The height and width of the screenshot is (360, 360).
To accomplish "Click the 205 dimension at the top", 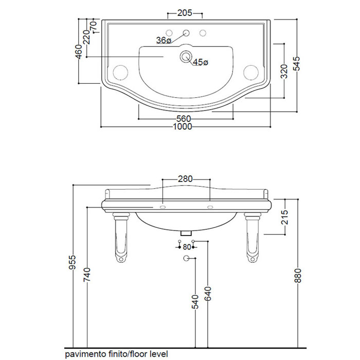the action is pos(185,13).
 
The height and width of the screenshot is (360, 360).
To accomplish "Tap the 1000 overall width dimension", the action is pos(182,127).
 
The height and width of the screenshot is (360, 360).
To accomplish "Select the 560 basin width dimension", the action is pos(184,119).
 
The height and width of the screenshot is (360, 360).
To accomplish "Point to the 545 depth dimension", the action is pos(296,64).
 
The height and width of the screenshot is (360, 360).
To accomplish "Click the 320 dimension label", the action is pos(284,71).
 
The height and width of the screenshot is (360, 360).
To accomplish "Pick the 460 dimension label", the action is pos(79,51).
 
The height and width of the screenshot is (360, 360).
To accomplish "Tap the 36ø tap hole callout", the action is pos(164,40).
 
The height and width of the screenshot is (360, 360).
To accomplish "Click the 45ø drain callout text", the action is pos(201,62).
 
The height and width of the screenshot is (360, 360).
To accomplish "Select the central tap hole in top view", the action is pos(186,32).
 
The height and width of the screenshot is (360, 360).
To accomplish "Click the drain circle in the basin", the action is pos(186,56).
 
